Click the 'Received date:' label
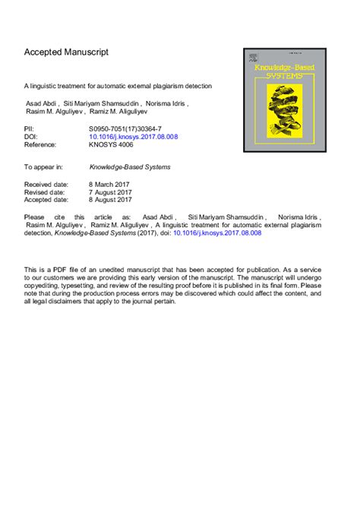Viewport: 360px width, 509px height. point(46,184)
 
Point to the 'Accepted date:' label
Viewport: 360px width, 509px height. point(47,199)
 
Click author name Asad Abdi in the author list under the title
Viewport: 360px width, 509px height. point(39,104)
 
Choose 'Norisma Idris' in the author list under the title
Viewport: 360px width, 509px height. point(163,104)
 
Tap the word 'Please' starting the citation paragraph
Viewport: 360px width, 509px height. point(35,217)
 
